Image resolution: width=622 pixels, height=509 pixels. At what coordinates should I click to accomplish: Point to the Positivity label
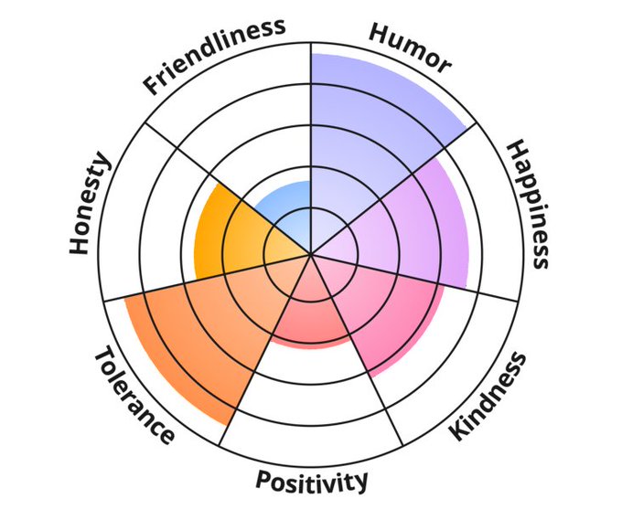pos(312,480)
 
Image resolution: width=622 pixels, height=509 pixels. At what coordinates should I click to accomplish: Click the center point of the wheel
pos(311,254)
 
